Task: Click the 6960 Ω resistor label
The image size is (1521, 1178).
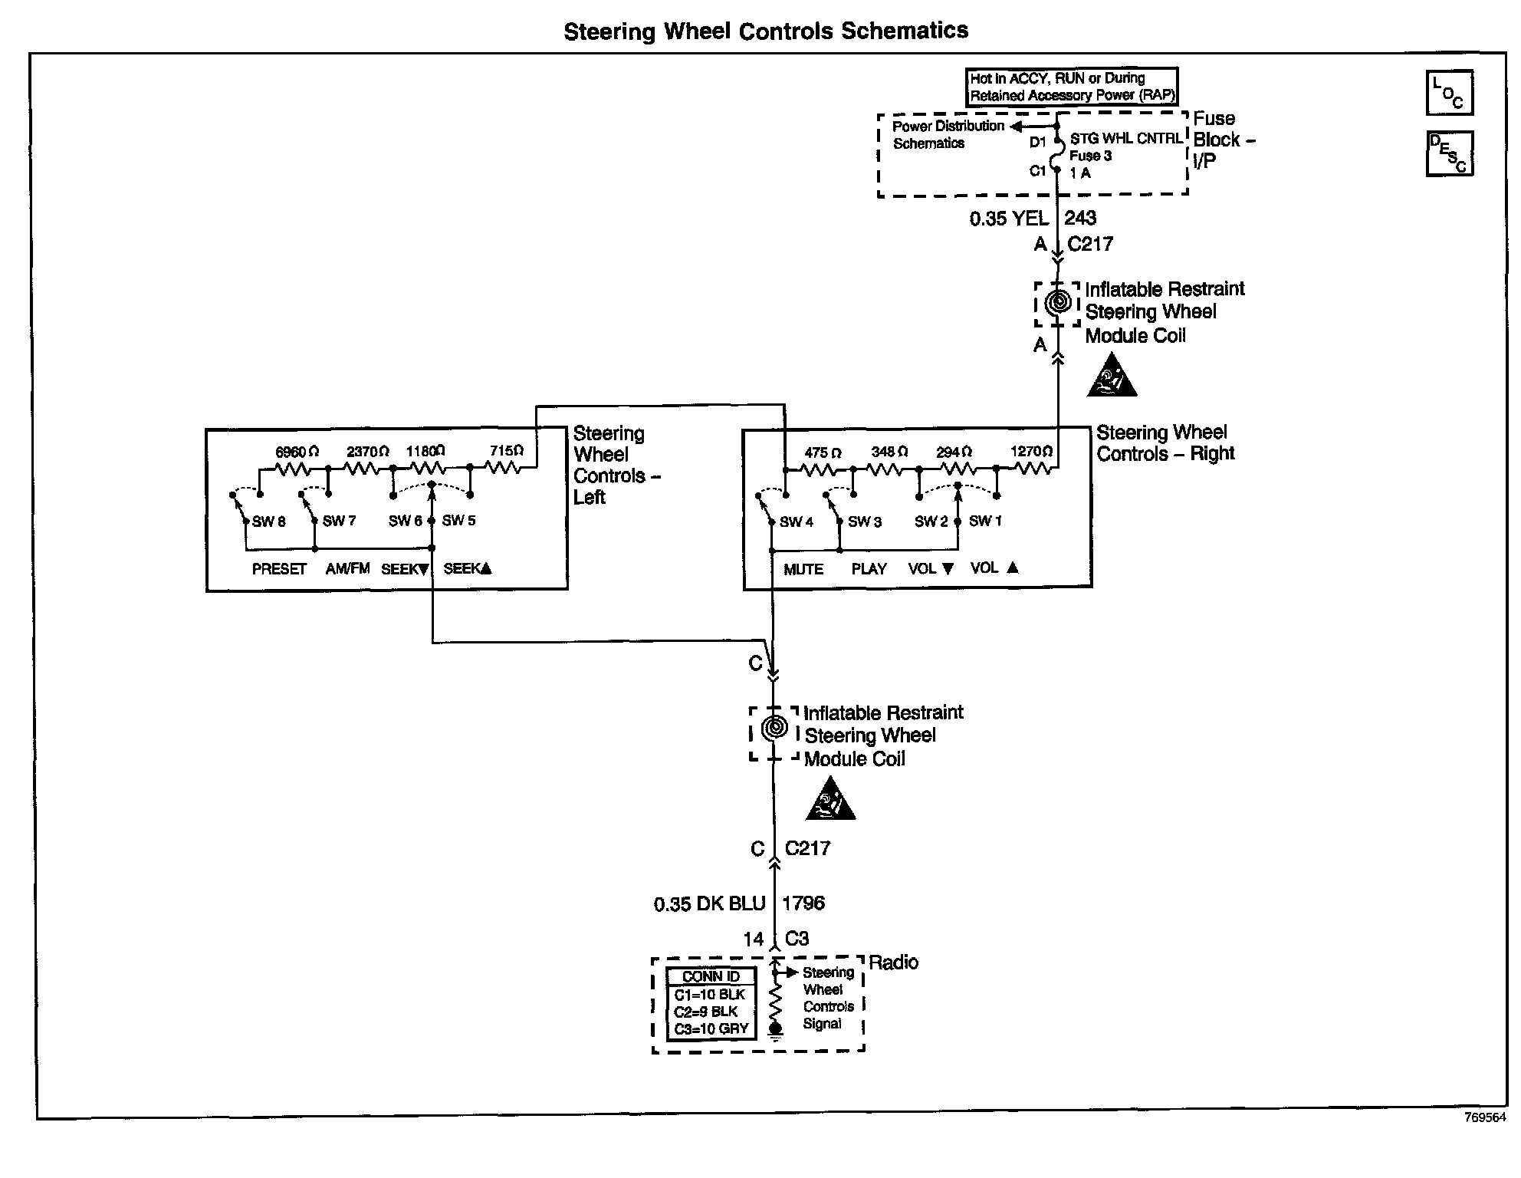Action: (297, 452)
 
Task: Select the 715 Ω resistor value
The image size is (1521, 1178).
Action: (507, 451)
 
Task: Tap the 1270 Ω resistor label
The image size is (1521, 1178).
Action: (1031, 452)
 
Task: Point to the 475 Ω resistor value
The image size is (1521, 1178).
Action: (822, 453)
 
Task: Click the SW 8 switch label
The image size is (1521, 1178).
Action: (268, 522)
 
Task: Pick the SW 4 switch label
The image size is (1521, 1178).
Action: (796, 522)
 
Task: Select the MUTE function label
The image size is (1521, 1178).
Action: (803, 569)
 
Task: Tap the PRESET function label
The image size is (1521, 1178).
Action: (279, 569)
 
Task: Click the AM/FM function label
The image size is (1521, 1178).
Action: (347, 568)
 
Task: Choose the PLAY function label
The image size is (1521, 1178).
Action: (869, 569)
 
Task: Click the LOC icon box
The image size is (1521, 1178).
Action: (1448, 93)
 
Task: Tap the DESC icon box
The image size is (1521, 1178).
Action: (1448, 153)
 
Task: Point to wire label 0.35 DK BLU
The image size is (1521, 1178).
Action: (709, 904)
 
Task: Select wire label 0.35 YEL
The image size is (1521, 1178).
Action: (1008, 219)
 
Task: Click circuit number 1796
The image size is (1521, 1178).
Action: (803, 903)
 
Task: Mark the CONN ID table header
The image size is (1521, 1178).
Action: (711, 976)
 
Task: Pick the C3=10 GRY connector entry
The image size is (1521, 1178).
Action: (711, 1029)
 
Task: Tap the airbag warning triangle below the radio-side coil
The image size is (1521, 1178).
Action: (830, 801)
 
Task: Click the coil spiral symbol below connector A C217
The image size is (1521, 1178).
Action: (1058, 303)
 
